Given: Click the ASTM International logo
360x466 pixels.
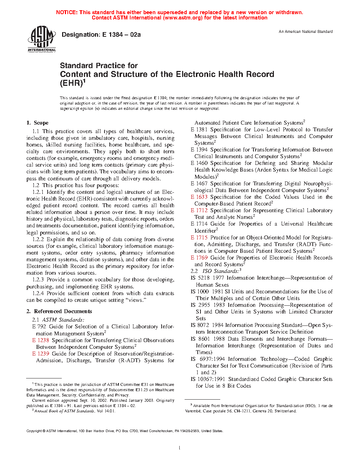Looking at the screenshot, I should [x=42, y=39].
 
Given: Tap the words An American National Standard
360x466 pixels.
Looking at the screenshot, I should [x=306, y=31].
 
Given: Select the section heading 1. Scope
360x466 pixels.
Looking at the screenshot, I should [x=37, y=123].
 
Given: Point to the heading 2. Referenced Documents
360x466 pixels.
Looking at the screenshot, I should [x=59, y=311].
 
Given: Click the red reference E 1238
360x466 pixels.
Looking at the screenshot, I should [x=41, y=340].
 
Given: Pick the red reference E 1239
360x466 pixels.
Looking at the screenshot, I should [x=41, y=354].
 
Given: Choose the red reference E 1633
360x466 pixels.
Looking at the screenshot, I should [x=199, y=197].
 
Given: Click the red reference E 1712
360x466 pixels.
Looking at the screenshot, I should [x=199, y=210].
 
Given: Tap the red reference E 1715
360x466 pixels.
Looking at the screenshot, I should [x=199, y=238].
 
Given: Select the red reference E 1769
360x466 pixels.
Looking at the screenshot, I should [x=199, y=258].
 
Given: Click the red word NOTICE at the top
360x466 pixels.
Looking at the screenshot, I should [x=67, y=12].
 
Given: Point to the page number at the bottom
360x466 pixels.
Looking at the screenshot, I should [x=180, y=448].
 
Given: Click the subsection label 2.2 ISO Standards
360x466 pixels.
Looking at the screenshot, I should [x=216, y=271].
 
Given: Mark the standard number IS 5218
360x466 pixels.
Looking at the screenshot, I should [x=200, y=278].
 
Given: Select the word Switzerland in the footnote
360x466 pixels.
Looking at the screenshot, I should [x=286, y=411].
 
